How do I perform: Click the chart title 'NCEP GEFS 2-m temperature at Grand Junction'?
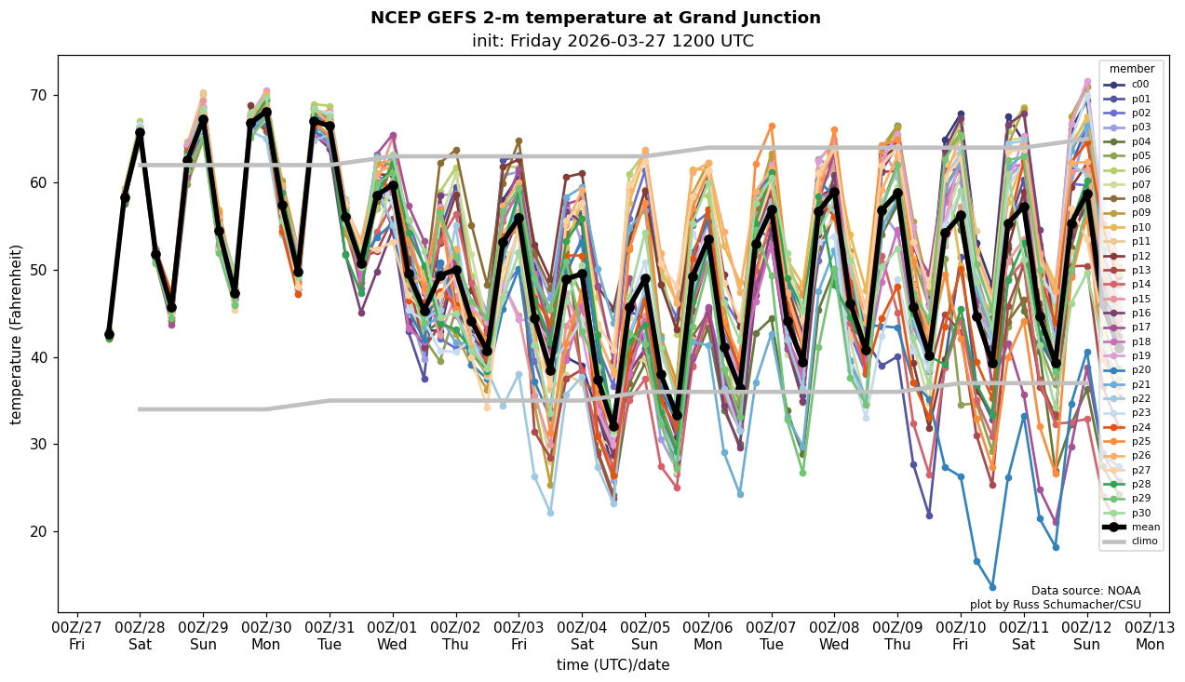point(596,18)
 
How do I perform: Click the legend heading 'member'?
point(1131,69)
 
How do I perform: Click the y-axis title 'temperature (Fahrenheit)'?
point(17,334)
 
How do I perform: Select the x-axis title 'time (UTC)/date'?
point(613,665)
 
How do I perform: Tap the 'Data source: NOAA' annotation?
point(1085,591)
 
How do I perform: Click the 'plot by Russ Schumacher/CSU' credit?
point(1055,605)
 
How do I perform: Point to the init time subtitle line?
point(613,42)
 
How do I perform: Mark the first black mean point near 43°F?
point(109,334)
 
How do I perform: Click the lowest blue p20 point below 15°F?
point(992,587)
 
